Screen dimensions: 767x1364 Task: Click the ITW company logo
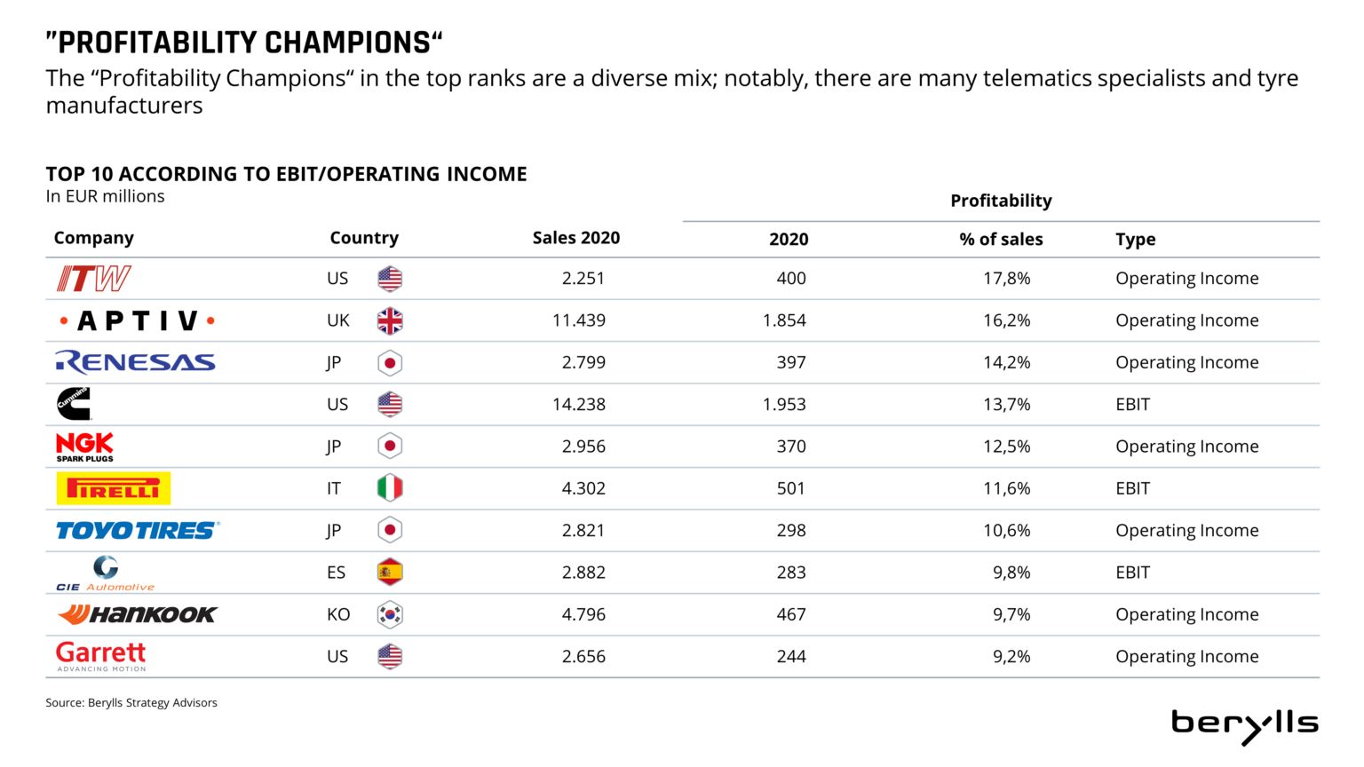pyautogui.click(x=93, y=279)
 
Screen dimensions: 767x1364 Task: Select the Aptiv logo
pyautogui.click(x=137, y=320)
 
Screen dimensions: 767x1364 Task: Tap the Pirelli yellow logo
pyautogui.click(x=113, y=488)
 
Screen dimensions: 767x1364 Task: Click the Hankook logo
pyautogui.click(x=137, y=614)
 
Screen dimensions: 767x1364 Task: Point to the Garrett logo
pyautogui.click(x=100, y=656)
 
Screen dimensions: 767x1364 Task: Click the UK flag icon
pyautogui.click(x=390, y=320)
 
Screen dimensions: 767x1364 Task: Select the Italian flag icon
pyautogui.click(x=390, y=488)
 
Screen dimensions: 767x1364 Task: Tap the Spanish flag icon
pyautogui.click(x=390, y=573)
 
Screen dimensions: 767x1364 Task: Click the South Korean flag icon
pyautogui.click(x=390, y=614)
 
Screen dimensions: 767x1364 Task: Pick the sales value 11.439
pyautogui.click(x=579, y=320)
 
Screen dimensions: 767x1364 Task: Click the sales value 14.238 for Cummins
pyautogui.click(x=579, y=405)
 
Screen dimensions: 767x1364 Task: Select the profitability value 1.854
pyautogui.click(x=784, y=320)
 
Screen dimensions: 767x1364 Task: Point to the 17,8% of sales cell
pyautogui.click(x=1006, y=279)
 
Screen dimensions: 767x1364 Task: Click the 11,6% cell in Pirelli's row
pyautogui.click(x=1006, y=488)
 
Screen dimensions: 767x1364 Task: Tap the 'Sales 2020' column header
pyautogui.click(x=576, y=238)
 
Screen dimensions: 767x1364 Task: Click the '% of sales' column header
pyautogui.click(x=1001, y=239)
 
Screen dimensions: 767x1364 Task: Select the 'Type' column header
pyautogui.click(x=1135, y=239)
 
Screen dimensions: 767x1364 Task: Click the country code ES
pyautogui.click(x=336, y=573)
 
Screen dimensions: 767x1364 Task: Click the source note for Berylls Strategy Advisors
pyautogui.click(x=131, y=703)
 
